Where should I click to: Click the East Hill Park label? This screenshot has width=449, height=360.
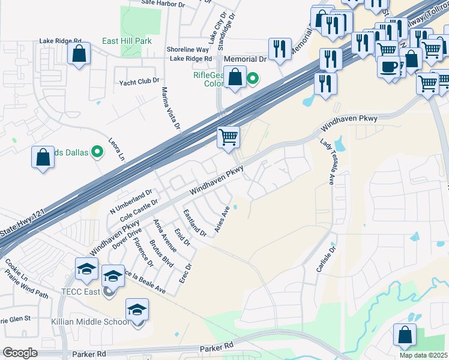(x=126, y=41)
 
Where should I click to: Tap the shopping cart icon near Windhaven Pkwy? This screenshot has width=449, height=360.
(x=228, y=137)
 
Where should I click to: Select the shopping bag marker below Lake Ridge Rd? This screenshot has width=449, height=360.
(x=79, y=54)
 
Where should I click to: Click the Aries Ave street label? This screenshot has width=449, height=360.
(x=223, y=220)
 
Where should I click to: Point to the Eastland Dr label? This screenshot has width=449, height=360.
(x=194, y=223)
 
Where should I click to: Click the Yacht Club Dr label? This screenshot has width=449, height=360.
(x=139, y=80)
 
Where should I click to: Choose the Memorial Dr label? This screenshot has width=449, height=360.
(x=245, y=59)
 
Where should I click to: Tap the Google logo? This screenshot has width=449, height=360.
(x=20, y=353)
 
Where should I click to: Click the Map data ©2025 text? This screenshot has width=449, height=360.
(x=424, y=355)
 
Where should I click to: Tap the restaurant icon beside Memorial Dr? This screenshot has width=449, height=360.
(x=280, y=50)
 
